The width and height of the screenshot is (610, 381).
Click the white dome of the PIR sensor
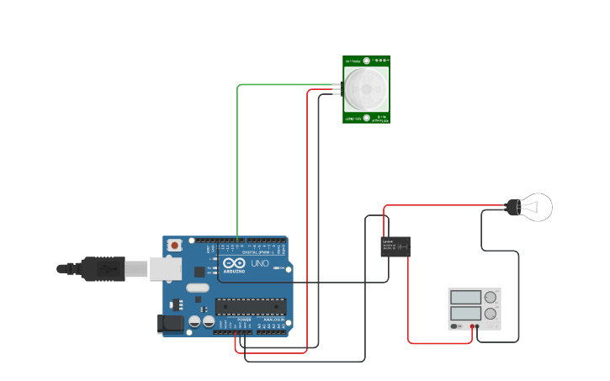(x=367, y=87)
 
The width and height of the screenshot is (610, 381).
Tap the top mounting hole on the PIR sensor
(x=367, y=61)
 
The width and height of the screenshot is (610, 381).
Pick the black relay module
(x=395, y=246)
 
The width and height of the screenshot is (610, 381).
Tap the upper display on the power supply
(x=465, y=297)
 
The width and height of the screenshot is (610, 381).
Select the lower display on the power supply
(x=465, y=313)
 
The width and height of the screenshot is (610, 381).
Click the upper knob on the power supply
(x=491, y=297)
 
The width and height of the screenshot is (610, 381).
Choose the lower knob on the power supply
(x=491, y=314)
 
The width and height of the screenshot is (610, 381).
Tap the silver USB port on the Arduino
(x=166, y=268)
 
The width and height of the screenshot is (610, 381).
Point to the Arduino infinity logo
(x=234, y=263)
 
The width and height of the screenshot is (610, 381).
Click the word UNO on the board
(x=260, y=263)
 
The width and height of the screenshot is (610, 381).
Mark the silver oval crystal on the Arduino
(x=198, y=288)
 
